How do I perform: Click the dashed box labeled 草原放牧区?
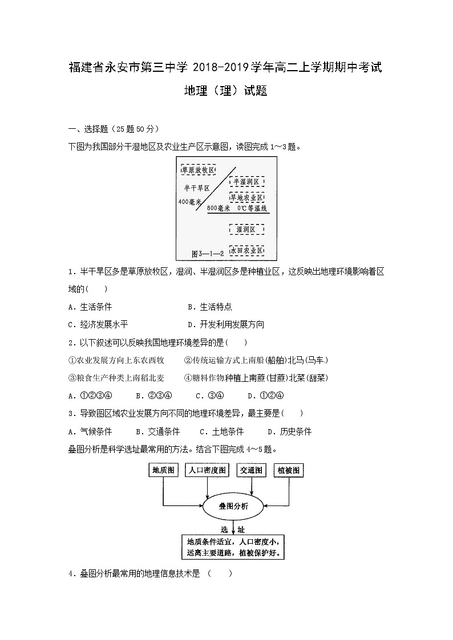tap(198, 170)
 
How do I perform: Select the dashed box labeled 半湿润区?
tap(246, 181)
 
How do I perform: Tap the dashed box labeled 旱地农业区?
tap(246, 197)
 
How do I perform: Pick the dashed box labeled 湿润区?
tap(246, 229)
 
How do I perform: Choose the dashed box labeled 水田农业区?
tap(246, 250)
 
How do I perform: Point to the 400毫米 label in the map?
tap(190, 202)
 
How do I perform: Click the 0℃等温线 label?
tap(253, 209)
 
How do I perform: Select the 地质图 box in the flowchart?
tap(164, 470)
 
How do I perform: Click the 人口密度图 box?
tap(208, 470)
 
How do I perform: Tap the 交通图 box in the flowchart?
tap(252, 470)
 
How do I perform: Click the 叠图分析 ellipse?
tap(226, 506)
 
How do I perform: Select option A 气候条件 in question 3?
tap(90, 431)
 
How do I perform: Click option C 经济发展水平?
tap(98, 324)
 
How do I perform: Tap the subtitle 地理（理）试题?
tap(226, 91)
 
